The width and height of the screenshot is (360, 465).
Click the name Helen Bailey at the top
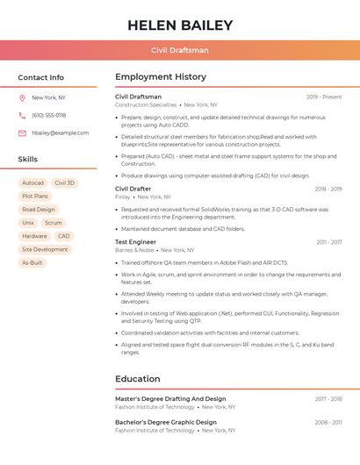tap(180, 25)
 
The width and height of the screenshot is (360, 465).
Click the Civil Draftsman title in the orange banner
tap(180, 50)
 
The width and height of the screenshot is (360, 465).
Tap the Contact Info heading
tap(41, 77)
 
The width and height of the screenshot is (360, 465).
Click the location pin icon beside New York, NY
tap(22, 97)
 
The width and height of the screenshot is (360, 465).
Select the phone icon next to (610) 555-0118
tap(22, 115)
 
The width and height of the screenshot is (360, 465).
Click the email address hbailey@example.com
tap(61, 132)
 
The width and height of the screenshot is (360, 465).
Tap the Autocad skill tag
tap(32, 183)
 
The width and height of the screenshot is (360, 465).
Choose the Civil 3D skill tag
tap(65, 183)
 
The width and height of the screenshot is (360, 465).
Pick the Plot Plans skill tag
tap(35, 197)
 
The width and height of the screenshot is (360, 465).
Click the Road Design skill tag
tap(39, 210)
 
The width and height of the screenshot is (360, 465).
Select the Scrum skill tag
tap(54, 223)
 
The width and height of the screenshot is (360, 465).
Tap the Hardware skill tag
tap(34, 236)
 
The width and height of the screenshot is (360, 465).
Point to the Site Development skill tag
tap(45, 249)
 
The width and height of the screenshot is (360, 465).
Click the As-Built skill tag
tap(32, 262)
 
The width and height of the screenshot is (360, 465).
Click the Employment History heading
tap(161, 77)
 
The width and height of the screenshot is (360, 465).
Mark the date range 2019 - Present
tap(324, 97)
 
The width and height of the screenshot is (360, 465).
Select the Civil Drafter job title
tap(133, 189)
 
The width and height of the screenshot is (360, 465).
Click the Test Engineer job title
tap(135, 241)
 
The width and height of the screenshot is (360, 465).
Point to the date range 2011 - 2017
tap(329, 241)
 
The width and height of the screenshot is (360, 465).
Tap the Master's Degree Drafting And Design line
tap(170, 398)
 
